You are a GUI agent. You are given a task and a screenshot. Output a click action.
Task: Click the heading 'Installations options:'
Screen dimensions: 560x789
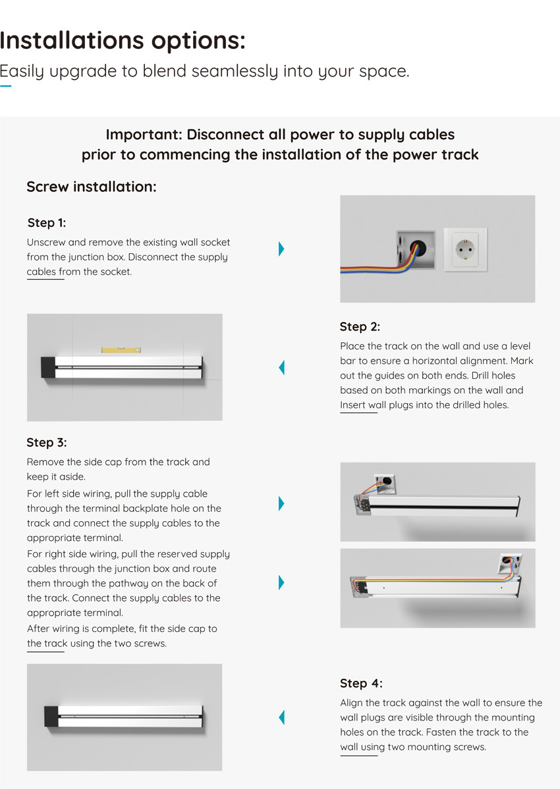click(123, 41)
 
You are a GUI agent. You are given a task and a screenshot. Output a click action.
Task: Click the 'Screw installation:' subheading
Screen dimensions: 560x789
click(92, 187)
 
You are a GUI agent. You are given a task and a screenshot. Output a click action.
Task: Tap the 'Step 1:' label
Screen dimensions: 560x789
click(47, 223)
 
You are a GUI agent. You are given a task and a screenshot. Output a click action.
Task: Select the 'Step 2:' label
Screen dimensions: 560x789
click(360, 327)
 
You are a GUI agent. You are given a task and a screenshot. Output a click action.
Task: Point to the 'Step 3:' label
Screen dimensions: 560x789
click(47, 442)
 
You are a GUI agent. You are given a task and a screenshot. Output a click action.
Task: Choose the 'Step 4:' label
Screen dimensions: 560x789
click(361, 683)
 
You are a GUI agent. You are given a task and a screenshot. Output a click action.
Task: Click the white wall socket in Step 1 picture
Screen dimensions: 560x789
click(466, 249)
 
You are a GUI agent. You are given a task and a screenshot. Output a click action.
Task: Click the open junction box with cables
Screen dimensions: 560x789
click(416, 249)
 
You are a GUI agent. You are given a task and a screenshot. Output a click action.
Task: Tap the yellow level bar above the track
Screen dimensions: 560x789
click(121, 349)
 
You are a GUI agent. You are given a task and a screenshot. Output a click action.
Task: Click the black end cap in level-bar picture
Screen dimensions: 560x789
click(47, 367)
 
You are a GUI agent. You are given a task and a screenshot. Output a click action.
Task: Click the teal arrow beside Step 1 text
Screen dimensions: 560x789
click(281, 249)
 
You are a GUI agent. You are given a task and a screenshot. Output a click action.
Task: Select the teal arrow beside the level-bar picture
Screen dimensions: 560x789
click(281, 367)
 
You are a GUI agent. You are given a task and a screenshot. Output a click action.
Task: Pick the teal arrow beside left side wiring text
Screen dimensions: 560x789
click(281, 503)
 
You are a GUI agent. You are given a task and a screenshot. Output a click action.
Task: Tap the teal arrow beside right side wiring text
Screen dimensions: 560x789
click(281, 583)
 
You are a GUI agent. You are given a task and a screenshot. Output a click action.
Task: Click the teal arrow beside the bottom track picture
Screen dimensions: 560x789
click(281, 717)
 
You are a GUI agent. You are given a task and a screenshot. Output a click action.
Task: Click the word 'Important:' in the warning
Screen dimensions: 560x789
click(144, 135)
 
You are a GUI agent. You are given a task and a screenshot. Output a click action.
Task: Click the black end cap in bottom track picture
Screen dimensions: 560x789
click(51, 716)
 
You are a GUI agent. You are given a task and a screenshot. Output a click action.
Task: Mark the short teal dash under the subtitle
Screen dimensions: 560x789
click(5, 86)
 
